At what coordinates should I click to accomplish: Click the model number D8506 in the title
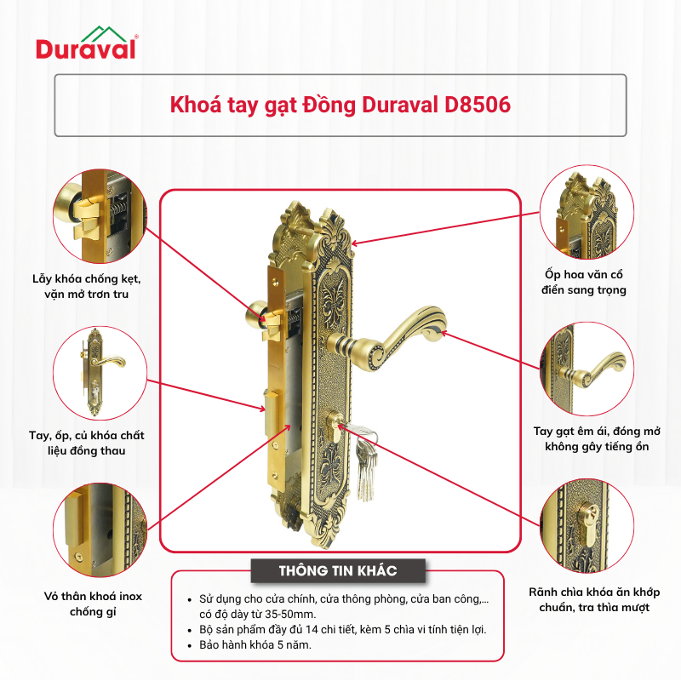(478, 105)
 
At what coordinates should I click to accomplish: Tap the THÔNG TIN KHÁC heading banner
(338, 570)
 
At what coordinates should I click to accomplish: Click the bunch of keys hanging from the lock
(365, 461)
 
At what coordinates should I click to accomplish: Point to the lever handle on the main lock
(386, 338)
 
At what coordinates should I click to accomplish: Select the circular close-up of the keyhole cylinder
(587, 525)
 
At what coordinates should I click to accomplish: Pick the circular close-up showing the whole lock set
(100, 374)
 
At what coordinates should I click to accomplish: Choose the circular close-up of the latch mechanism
(100, 216)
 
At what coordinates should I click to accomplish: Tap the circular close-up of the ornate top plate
(587, 212)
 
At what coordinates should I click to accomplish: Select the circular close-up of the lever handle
(587, 369)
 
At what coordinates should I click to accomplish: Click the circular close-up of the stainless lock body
(100, 529)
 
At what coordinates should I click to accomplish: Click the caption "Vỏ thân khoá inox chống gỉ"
(93, 604)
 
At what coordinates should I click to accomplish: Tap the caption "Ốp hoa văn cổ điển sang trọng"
(584, 283)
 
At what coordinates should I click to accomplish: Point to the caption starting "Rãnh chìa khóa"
(594, 599)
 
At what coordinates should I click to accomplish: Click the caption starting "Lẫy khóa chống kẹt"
(87, 286)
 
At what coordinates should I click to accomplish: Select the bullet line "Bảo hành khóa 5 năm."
(255, 645)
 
